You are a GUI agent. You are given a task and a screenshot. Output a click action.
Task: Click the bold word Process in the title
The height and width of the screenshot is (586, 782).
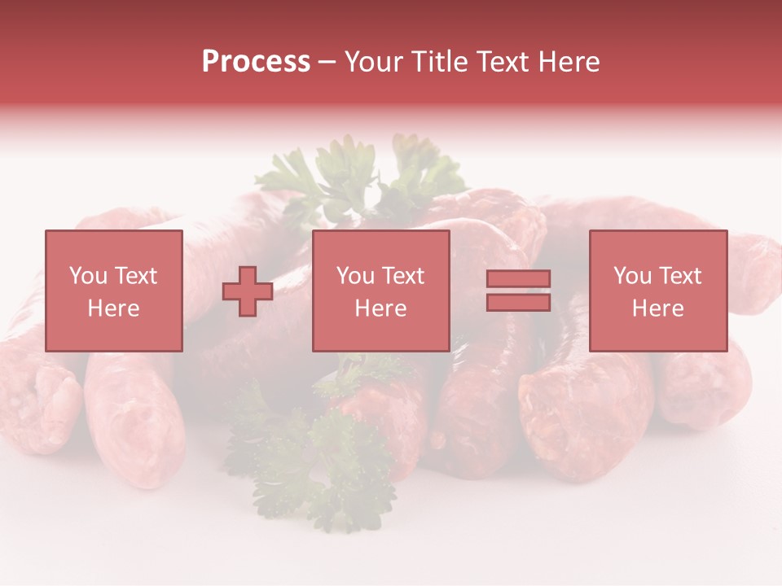coord(256,62)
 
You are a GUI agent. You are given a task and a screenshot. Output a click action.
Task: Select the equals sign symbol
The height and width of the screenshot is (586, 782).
coord(518,291)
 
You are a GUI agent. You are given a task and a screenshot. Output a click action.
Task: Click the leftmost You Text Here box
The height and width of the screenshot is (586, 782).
coord(113,291)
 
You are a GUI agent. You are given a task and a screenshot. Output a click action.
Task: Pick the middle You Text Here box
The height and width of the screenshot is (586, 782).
coord(380,291)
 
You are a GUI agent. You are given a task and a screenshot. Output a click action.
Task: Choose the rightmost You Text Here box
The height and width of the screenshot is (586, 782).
coord(657,291)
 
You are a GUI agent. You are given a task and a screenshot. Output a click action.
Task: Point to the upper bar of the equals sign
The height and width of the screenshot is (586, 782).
coord(518,279)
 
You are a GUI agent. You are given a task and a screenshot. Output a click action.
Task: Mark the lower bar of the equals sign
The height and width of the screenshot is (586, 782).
coord(518,302)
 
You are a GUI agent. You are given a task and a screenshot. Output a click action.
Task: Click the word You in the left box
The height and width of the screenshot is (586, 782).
coord(88,276)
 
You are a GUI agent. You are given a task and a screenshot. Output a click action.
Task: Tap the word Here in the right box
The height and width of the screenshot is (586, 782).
coord(657,308)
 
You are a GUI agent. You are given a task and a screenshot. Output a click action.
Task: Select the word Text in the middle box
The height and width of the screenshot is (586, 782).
coord(402,276)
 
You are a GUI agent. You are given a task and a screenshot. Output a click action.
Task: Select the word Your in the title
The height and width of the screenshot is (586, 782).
coord(376,62)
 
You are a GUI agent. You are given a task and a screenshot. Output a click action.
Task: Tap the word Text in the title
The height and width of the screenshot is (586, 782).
coord(502,62)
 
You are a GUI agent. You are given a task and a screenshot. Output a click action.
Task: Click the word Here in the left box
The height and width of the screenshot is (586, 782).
coord(113,308)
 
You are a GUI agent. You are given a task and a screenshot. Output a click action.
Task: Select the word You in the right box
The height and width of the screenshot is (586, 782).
coord(632,276)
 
